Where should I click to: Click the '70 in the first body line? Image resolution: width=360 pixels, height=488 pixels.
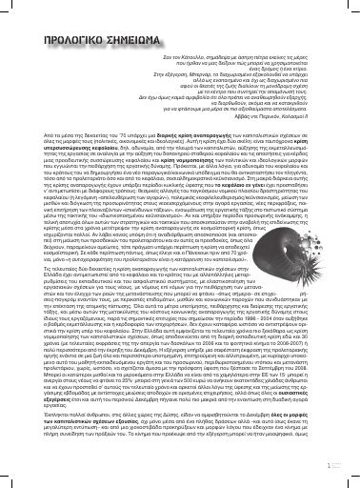tap(119, 165)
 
